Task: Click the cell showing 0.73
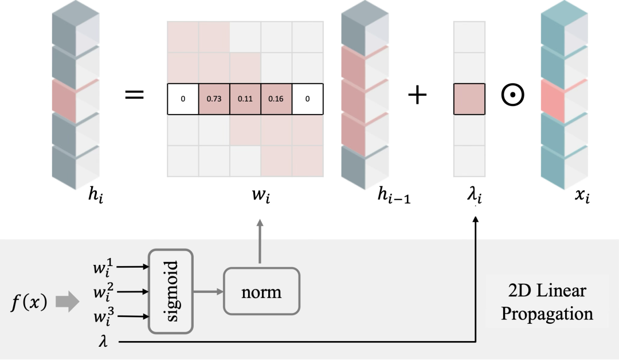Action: coord(214,99)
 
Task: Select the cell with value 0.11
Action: coord(245,99)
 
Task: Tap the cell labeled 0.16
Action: coord(276,99)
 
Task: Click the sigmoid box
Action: coord(170,291)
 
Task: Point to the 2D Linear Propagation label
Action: coord(547,302)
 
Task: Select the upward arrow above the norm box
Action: coord(261,241)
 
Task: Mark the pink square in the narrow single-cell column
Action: coord(469,99)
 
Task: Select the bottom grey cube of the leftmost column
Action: coord(75,166)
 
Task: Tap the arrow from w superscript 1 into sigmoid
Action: coord(134,267)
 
